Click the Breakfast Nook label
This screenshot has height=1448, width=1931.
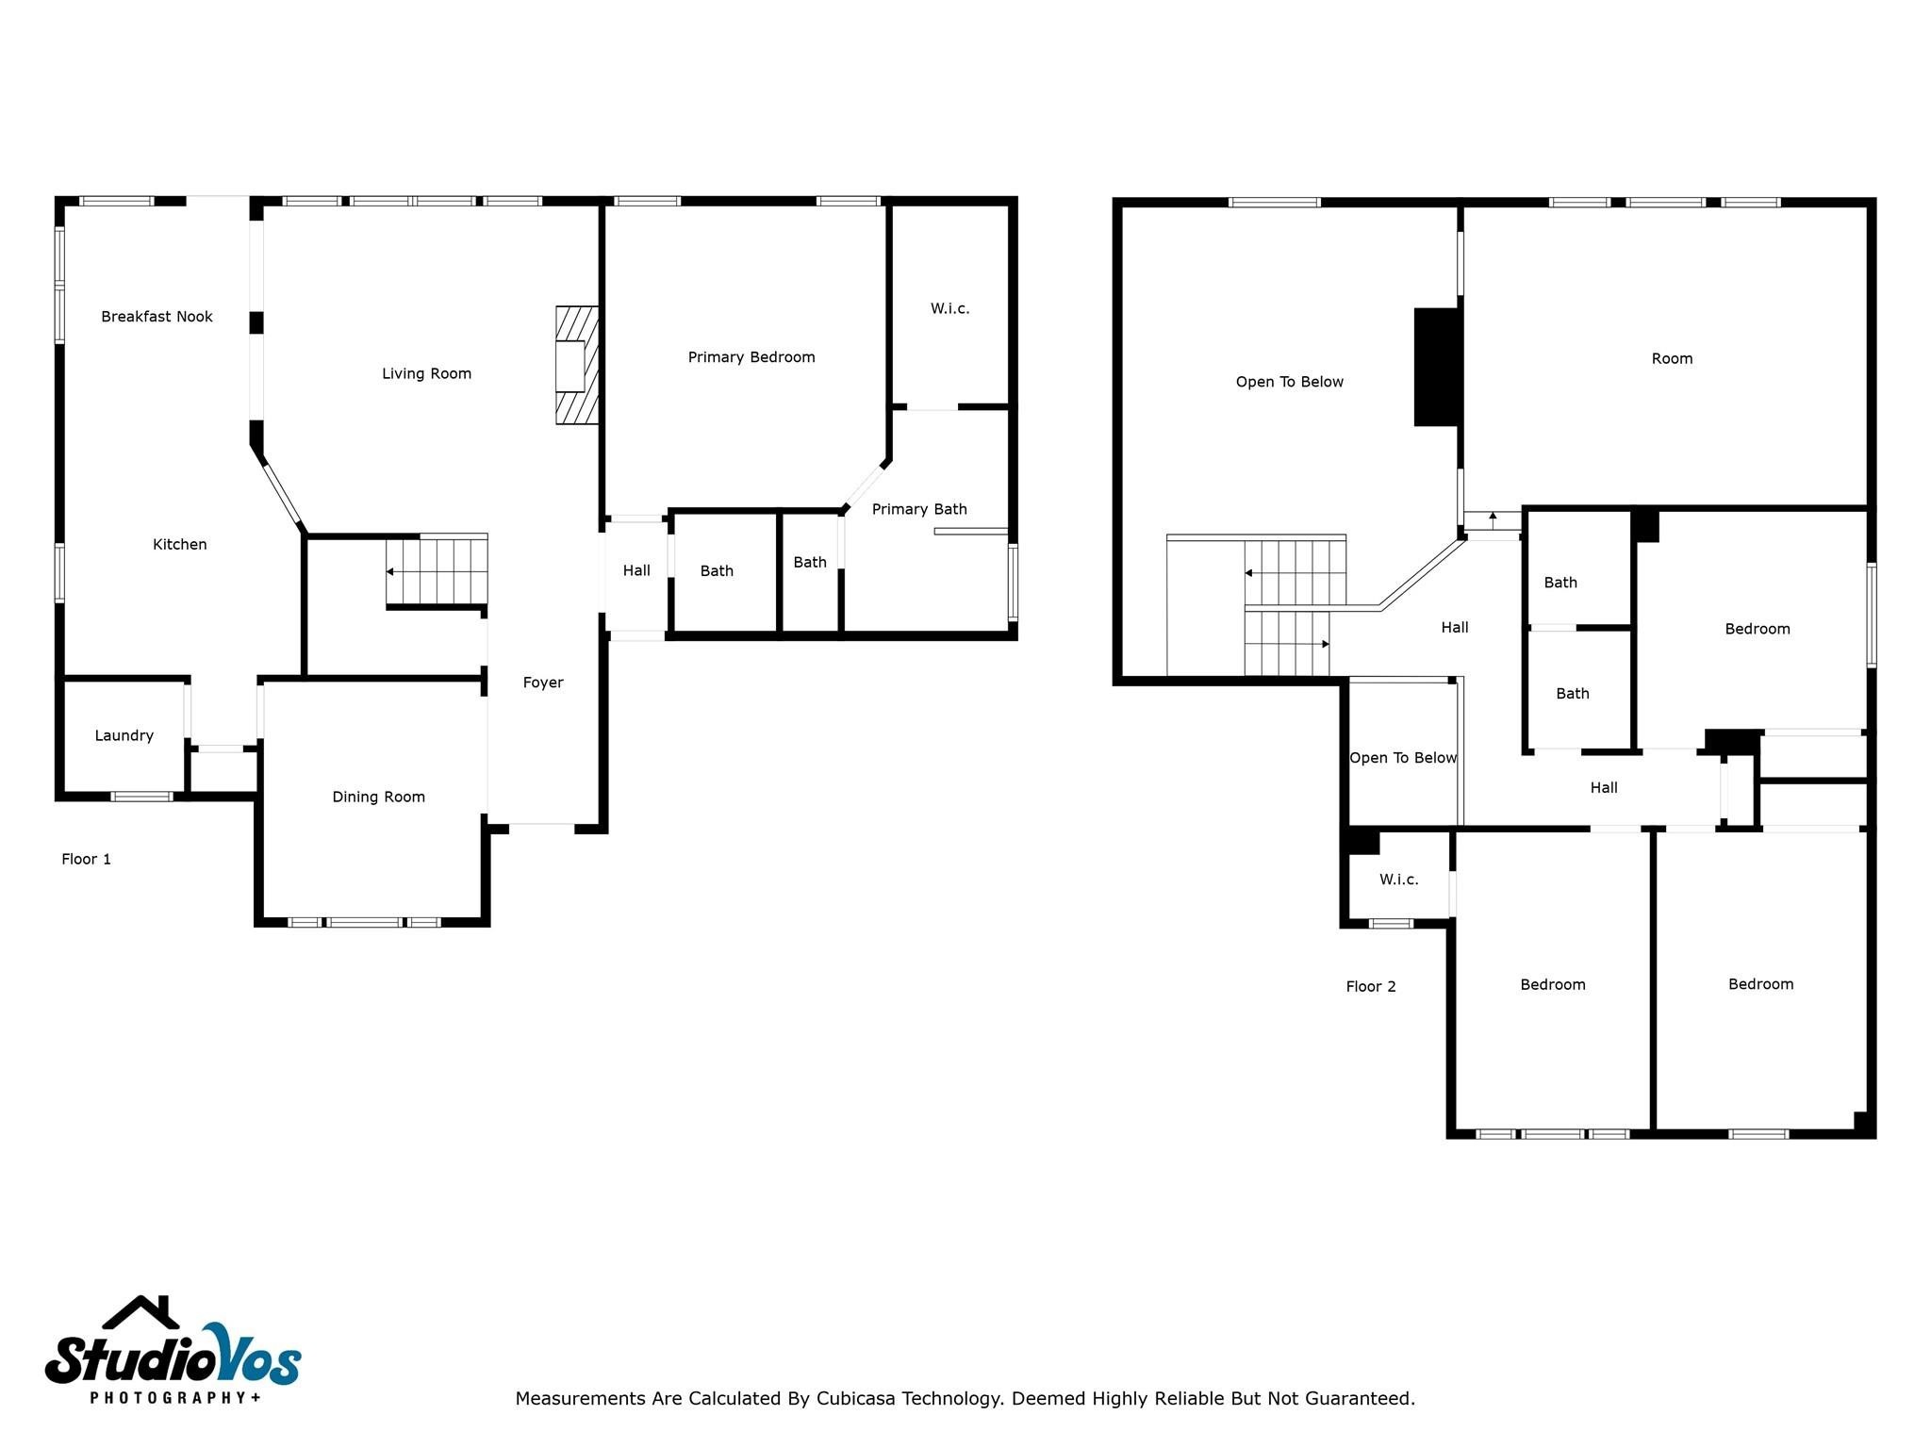point(157,317)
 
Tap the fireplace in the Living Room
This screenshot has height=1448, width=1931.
point(576,365)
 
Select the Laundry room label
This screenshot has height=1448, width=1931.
point(124,735)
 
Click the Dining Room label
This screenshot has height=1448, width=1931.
point(378,797)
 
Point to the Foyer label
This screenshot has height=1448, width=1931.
point(543,683)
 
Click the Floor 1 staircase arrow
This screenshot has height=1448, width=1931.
point(390,572)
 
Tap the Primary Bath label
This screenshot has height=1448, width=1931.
point(918,509)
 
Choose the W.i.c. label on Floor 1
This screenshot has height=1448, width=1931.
point(949,308)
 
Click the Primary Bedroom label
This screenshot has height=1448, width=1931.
point(751,357)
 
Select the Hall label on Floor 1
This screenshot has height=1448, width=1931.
point(636,570)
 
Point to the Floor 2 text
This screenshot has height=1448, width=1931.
point(1370,986)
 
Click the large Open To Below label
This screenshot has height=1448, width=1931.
point(1289,382)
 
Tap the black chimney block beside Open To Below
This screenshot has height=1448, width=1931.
point(1437,367)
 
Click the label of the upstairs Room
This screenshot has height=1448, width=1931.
point(1672,358)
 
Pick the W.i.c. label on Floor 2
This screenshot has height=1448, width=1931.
point(1398,880)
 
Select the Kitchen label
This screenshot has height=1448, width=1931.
point(179,544)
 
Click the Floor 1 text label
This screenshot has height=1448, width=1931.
point(86,859)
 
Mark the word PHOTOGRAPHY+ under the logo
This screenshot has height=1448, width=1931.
point(175,1397)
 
